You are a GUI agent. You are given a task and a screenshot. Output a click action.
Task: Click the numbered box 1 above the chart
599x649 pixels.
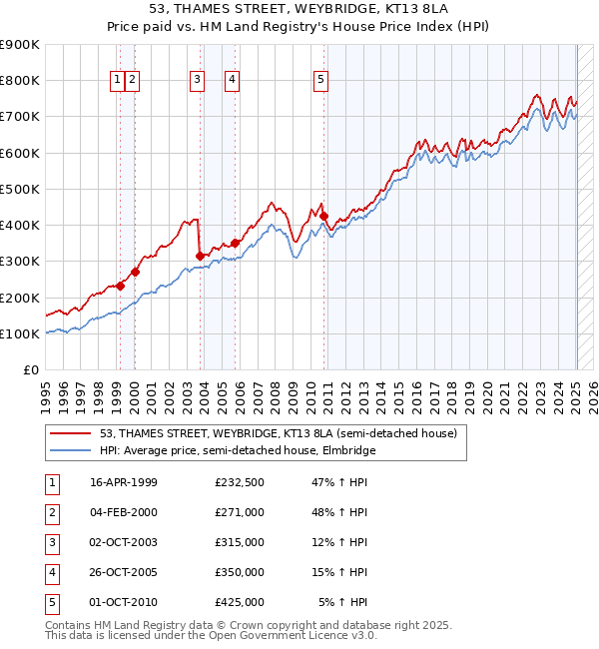[118, 81]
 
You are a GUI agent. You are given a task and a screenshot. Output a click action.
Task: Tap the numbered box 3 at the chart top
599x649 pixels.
[198, 81]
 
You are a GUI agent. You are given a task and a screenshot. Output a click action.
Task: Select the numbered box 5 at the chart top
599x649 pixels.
[320, 81]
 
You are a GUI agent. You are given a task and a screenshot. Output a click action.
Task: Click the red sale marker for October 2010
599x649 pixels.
[323, 216]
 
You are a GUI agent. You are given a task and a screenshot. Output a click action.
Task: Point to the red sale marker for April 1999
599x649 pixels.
[120, 286]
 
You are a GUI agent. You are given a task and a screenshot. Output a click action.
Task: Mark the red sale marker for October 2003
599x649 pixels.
[201, 256]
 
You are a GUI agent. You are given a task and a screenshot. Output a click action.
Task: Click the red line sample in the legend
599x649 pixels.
[70, 433]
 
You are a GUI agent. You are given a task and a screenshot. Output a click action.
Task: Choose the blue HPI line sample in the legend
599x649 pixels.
[70, 450]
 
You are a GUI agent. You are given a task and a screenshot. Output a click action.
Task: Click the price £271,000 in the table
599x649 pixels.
[240, 512]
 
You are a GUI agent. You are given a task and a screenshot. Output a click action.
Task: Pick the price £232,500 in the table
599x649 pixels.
[240, 482]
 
